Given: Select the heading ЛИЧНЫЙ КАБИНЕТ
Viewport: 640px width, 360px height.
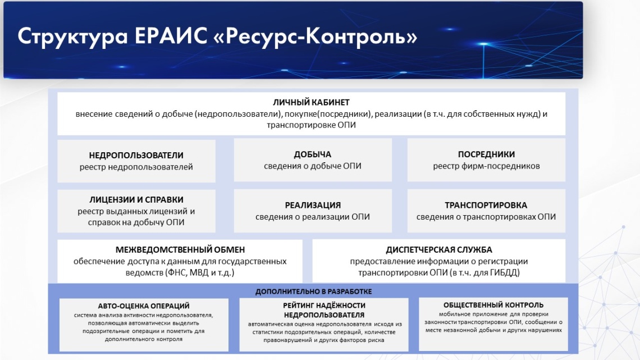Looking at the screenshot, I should (311, 102).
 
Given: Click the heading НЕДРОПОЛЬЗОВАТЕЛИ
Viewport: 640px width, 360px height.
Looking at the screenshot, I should (136, 155).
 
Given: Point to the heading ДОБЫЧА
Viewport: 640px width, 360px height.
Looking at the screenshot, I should (312, 154).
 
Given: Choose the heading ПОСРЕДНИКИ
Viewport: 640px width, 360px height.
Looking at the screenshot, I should (486, 154).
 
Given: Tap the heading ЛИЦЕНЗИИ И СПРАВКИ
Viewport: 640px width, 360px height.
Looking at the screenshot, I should (136, 200).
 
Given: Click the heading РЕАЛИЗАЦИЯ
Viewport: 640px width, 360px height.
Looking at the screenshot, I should (313, 205).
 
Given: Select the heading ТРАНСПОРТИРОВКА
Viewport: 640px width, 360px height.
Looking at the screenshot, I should (486, 205).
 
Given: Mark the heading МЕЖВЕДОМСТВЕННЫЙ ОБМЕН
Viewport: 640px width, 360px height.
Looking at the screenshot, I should (180, 249).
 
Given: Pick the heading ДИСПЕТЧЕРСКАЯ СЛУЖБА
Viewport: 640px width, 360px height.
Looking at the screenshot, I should (439, 249).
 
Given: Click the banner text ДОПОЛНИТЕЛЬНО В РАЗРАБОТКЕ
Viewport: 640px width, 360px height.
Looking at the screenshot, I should (313, 291).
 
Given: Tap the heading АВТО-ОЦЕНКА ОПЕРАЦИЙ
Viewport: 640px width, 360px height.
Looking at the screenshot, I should (144, 306).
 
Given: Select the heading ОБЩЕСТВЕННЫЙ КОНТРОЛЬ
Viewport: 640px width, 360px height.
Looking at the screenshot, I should (493, 305).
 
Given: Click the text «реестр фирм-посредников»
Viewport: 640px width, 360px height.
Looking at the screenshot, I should (486, 166).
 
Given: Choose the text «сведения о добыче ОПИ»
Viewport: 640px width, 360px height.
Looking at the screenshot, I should (312, 166).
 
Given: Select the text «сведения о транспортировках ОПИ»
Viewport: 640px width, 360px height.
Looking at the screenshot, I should (486, 217).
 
